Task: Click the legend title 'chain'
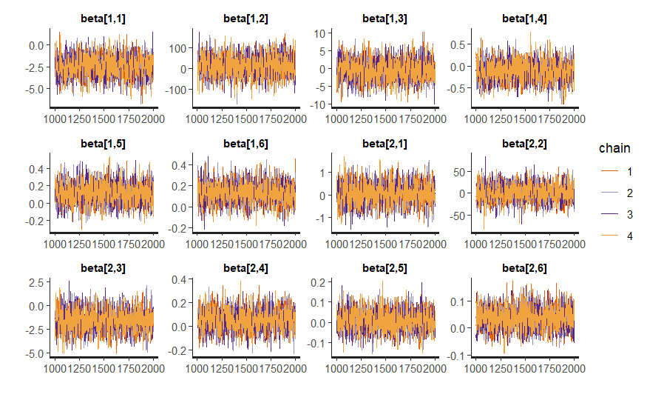click(615, 149)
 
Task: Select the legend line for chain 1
click(607, 172)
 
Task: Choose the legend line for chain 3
click(607, 215)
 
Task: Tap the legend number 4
click(629, 236)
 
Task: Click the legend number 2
click(629, 193)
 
